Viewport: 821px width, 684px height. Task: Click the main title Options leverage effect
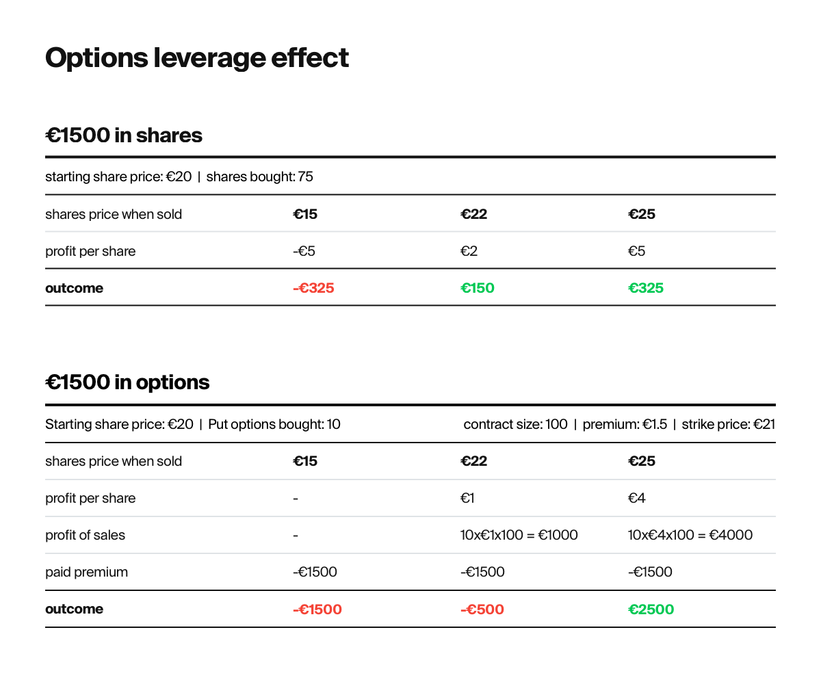(x=197, y=58)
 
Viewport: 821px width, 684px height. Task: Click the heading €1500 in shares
(x=124, y=135)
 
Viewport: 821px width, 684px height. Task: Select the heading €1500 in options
(x=127, y=382)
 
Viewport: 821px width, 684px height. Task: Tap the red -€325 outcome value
(x=313, y=288)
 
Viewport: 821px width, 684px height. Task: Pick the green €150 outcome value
(x=477, y=288)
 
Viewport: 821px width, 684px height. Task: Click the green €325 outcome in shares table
(x=645, y=288)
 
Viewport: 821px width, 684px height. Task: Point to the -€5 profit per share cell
(x=304, y=251)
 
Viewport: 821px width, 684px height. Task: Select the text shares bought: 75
(x=259, y=177)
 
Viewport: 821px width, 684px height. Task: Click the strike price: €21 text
(x=728, y=424)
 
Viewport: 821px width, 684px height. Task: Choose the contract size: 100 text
(x=515, y=424)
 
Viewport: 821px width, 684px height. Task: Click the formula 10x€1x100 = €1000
(x=519, y=535)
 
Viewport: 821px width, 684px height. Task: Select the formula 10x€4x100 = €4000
(x=690, y=535)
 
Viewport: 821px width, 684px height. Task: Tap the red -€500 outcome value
(x=482, y=609)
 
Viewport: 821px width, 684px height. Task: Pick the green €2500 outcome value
(x=651, y=609)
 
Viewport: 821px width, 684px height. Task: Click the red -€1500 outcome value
(x=317, y=609)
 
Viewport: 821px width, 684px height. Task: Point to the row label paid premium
(x=86, y=572)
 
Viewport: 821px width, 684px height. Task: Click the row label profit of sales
(x=85, y=535)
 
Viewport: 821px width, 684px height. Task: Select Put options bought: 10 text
(x=274, y=424)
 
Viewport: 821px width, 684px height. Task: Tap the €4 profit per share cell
(x=636, y=498)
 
